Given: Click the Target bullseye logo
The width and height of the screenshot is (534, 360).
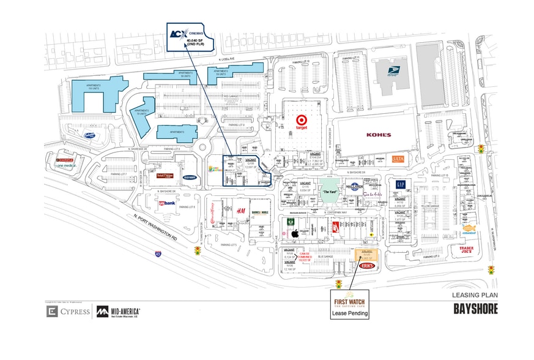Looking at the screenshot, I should point(302,121).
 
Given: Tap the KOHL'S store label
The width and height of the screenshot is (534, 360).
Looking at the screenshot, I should point(379,133).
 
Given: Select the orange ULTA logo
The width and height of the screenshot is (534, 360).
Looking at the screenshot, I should point(398,159).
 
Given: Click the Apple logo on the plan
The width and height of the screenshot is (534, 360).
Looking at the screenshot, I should point(294,233).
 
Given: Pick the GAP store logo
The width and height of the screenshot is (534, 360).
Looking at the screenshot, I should point(401,184).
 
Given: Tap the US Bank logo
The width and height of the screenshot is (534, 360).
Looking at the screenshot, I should point(167,203).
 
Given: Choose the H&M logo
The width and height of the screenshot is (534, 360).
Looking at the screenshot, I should point(242,209).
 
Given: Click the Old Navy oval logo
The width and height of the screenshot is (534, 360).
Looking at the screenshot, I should point(189,178).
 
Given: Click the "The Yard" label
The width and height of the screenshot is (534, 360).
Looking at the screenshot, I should point(330,191).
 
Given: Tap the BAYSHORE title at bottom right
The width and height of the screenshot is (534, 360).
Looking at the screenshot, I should point(475,309).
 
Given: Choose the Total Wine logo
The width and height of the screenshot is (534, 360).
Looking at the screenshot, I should point(165,175).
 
